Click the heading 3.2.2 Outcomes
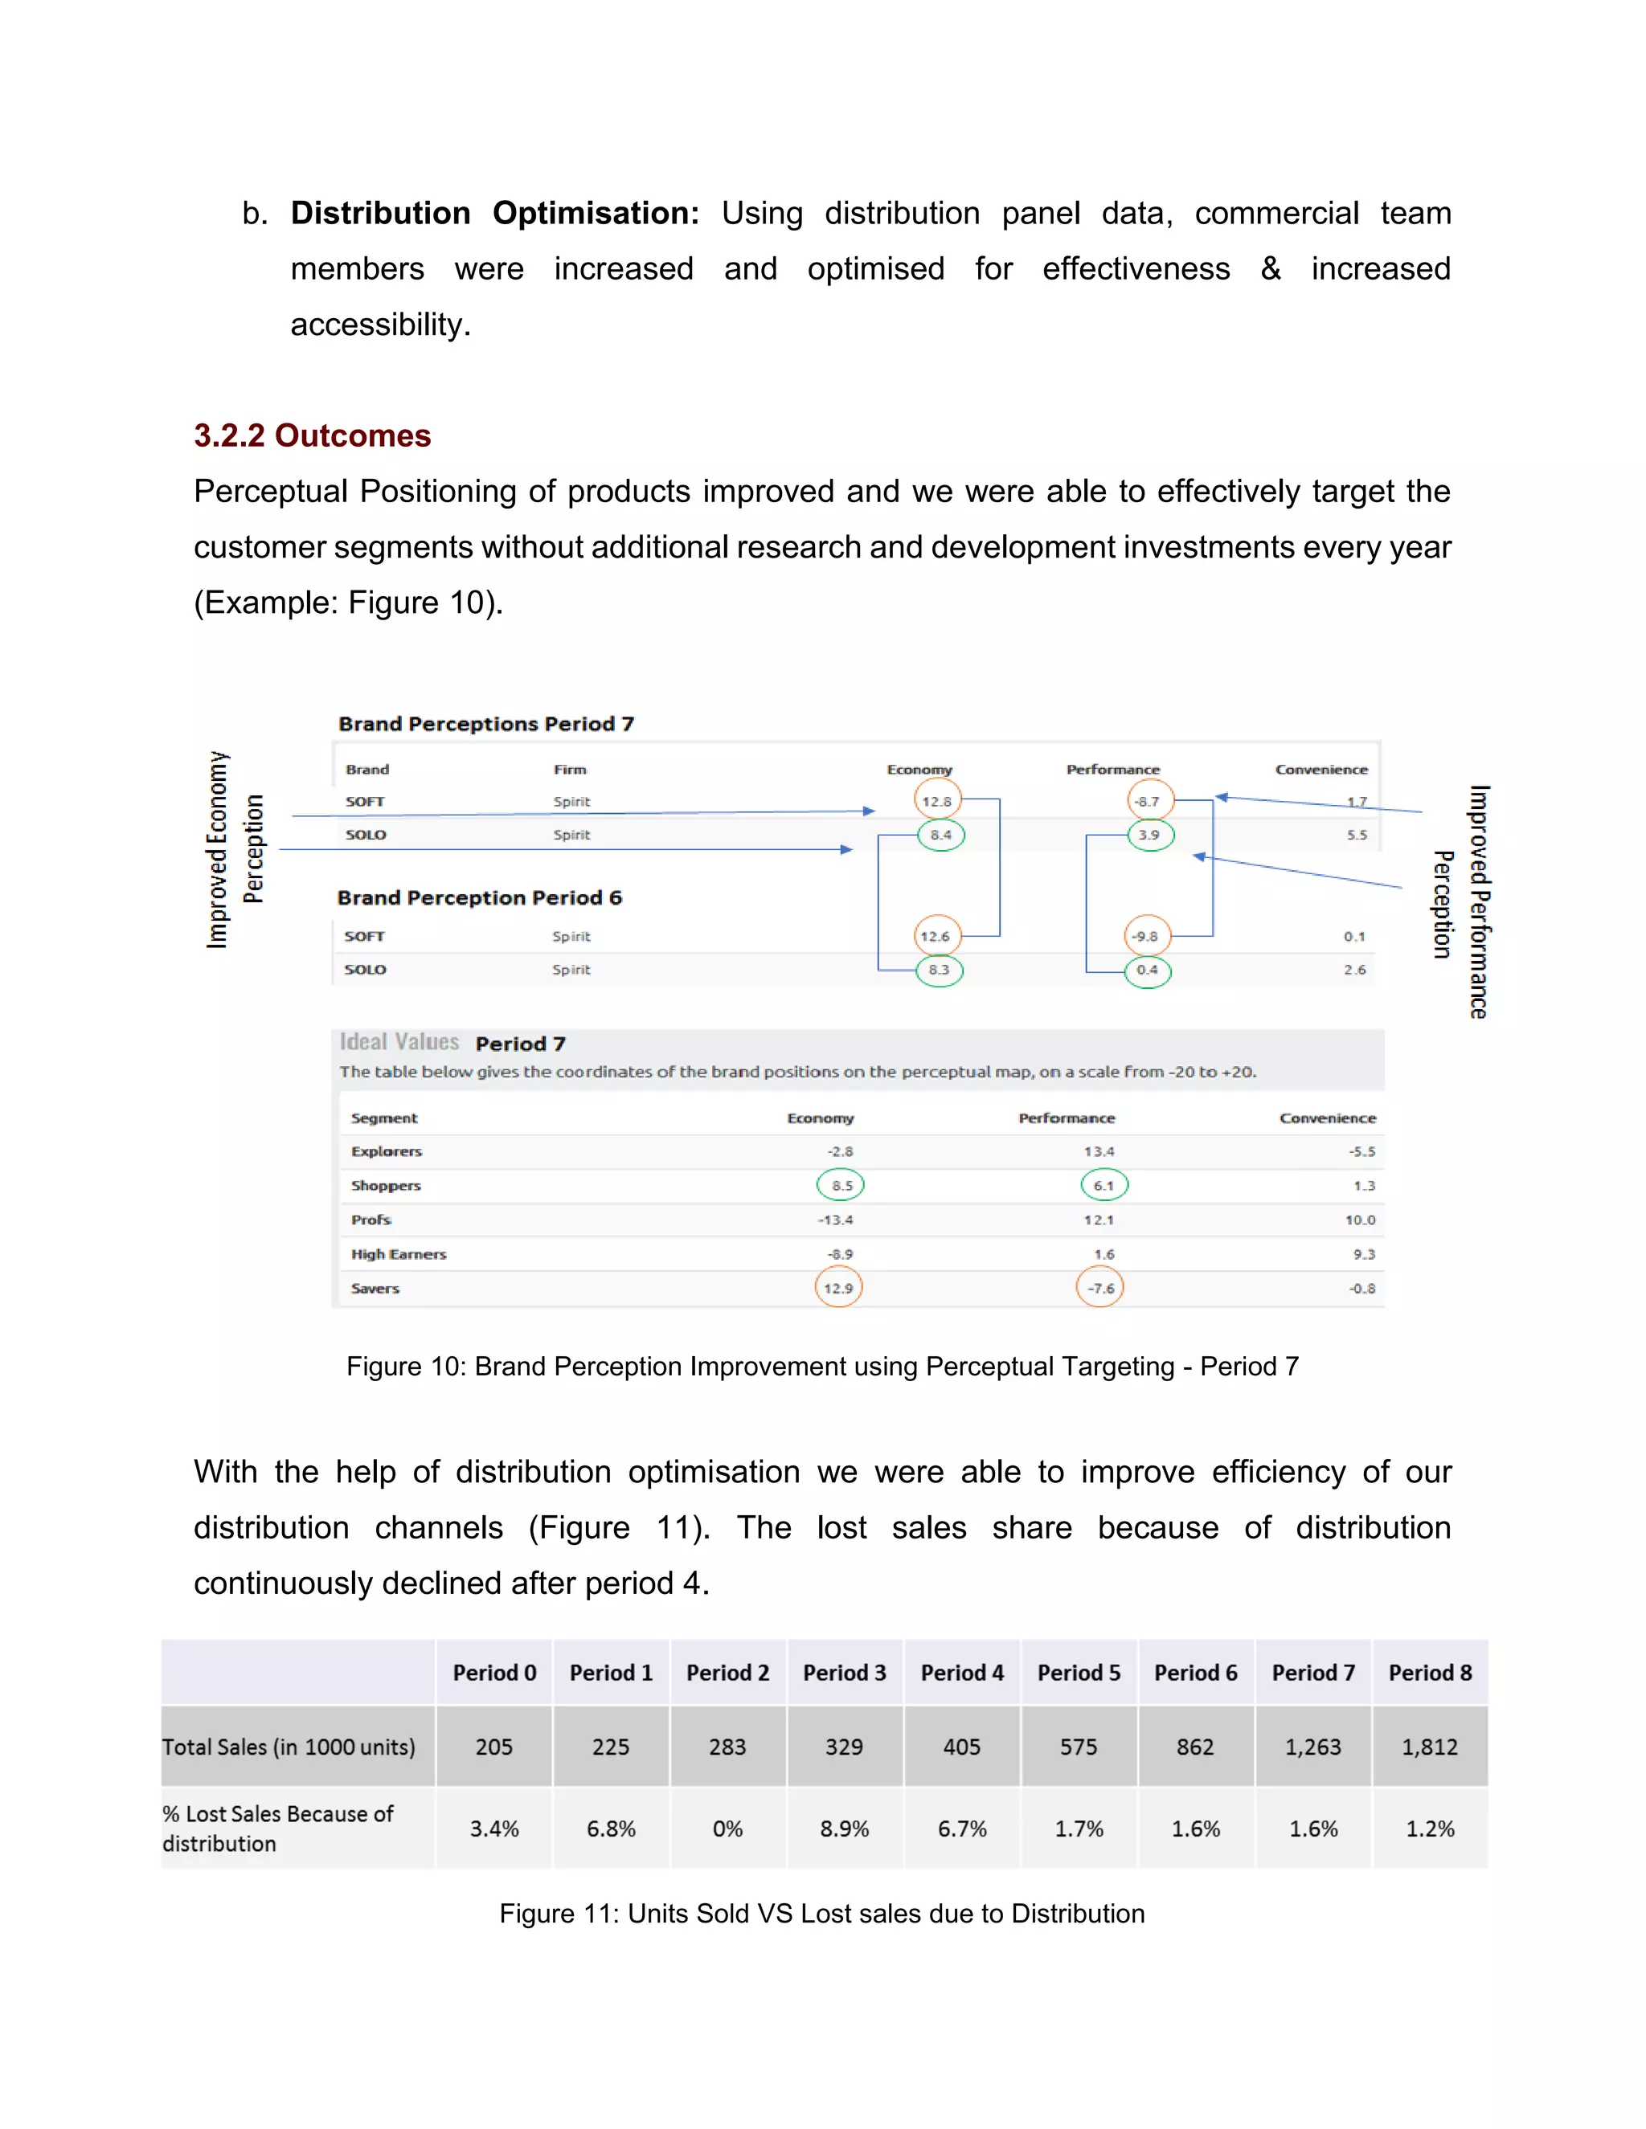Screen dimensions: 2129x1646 pyautogui.click(x=312, y=435)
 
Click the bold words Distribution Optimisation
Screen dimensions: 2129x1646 pyautogui.click(x=494, y=214)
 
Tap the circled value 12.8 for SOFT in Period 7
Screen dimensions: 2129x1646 pyautogui.click(x=937, y=801)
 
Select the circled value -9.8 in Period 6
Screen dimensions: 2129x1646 pyautogui.click(x=1146, y=937)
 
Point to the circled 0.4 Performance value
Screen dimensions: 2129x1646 pyautogui.click(x=1148, y=970)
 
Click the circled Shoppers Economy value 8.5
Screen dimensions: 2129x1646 pyautogui.click(x=841, y=1185)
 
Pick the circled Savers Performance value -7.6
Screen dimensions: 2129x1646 pyautogui.click(x=1100, y=1288)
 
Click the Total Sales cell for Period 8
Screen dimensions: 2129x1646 pyautogui.click(x=1430, y=1747)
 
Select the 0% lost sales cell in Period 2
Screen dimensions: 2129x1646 pyautogui.click(x=727, y=1829)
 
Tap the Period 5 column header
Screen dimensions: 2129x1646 pyautogui.click(x=1079, y=1673)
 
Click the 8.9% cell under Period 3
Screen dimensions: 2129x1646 pyautogui.click(x=845, y=1829)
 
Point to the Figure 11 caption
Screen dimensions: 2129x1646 pyautogui.click(x=822, y=1914)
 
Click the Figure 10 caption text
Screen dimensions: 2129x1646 pyautogui.click(x=822, y=1367)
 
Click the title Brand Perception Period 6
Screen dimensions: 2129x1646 pyautogui.click(x=480, y=898)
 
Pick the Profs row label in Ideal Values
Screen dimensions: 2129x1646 pyautogui.click(x=371, y=1220)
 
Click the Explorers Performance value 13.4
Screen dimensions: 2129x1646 pyautogui.click(x=1099, y=1151)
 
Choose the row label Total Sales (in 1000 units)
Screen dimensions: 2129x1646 pyautogui.click(x=289, y=1747)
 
